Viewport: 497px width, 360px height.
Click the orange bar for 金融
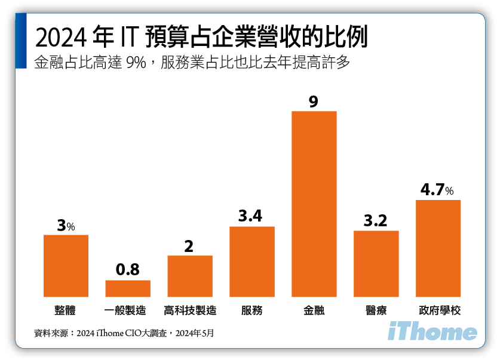314,204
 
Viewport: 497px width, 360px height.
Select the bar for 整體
66,266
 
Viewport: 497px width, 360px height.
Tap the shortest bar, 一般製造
128,288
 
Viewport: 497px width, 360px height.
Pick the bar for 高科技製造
189,276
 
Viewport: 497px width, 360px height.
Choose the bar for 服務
251,261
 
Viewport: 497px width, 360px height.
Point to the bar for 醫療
376,263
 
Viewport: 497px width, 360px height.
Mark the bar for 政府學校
438,248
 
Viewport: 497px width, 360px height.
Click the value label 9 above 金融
314,101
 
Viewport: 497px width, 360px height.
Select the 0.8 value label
128,270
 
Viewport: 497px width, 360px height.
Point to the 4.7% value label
437,190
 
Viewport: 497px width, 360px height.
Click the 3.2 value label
376,221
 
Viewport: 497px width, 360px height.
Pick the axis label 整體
66,310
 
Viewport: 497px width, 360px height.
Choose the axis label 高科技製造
189,310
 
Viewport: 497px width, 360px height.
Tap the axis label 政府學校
438,310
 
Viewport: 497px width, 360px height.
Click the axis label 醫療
376,310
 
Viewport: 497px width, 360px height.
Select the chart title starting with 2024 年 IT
201,37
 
